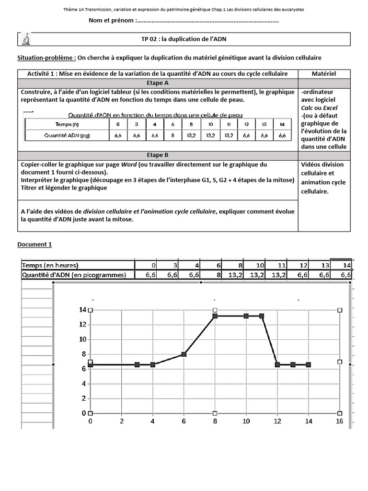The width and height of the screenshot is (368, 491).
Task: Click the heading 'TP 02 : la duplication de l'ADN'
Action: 184,39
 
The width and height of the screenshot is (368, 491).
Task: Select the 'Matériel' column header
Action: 323,73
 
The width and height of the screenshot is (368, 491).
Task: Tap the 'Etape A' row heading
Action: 158,83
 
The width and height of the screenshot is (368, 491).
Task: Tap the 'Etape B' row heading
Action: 158,155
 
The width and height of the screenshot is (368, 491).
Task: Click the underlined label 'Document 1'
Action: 34,245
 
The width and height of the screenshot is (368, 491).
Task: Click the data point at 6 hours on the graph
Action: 184,354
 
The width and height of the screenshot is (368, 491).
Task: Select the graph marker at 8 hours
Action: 215,316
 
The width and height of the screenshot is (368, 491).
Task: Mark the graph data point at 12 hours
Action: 277,365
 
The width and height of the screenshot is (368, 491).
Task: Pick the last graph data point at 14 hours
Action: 309,365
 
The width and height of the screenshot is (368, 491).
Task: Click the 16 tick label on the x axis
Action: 340,421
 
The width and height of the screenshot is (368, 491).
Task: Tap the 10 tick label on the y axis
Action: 82,339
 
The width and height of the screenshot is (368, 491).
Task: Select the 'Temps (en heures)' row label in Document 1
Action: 50,265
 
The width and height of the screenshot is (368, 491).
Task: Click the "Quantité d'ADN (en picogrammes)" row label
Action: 74,275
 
